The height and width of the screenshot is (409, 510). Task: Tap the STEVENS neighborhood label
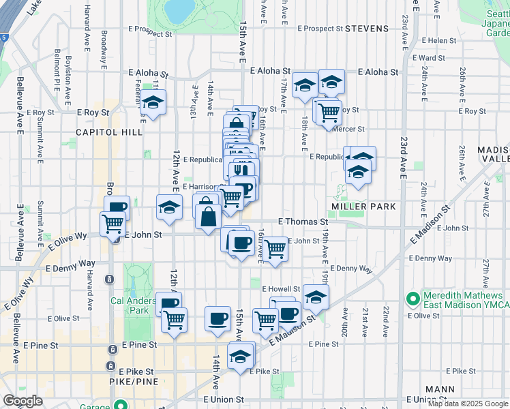(366, 29)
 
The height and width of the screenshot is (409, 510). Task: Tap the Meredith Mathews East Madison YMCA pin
(412, 299)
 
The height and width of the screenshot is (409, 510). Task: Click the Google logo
(22, 401)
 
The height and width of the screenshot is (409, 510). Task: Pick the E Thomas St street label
(303, 222)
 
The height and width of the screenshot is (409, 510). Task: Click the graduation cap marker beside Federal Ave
(153, 103)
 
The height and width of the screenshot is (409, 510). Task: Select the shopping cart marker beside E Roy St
(329, 110)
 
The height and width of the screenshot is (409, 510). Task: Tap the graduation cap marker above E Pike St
(240, 356)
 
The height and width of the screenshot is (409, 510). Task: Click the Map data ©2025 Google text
(468, 404)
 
